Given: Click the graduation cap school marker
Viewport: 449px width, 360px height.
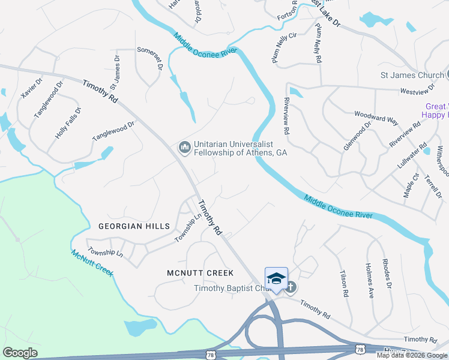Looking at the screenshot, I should (276, 278).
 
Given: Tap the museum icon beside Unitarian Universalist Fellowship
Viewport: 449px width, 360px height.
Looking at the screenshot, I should (184, 146).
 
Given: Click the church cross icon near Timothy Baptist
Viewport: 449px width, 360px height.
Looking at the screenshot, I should (290, 287).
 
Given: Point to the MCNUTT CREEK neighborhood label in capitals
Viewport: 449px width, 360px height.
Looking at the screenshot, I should (200, 273).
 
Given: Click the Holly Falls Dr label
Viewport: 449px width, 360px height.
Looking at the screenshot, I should (68, 123).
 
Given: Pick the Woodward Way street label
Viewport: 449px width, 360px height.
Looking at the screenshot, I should (376, 117).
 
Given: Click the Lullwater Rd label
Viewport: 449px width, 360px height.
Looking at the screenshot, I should (412, 154).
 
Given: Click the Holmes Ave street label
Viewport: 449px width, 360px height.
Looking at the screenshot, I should (370, 280).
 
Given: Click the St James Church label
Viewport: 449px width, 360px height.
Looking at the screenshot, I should (412, 75).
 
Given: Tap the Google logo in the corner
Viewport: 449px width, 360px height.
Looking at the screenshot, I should (20, 353).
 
